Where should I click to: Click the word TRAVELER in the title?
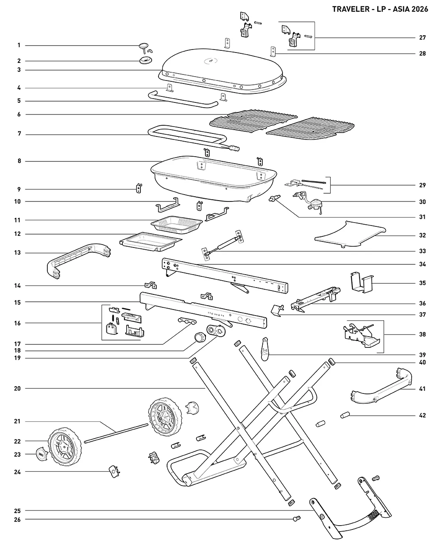[x=351, y=9]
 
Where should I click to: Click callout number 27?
[x=422, y=37]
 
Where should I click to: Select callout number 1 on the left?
[x=19, y=45]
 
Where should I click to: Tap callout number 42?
[x=422, y=415]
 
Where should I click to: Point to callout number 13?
[x=17, y=253]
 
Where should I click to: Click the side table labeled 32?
[x=350, y=234]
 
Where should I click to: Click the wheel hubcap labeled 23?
[x=42, y=455]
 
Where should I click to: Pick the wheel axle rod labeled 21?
[x=116, y=433]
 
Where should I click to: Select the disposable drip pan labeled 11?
[x=177, y=225]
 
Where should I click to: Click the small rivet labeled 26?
[x=296, y=518]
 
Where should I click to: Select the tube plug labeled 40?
[x=332, y=362]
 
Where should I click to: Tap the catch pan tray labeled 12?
[x=151, y=241]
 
